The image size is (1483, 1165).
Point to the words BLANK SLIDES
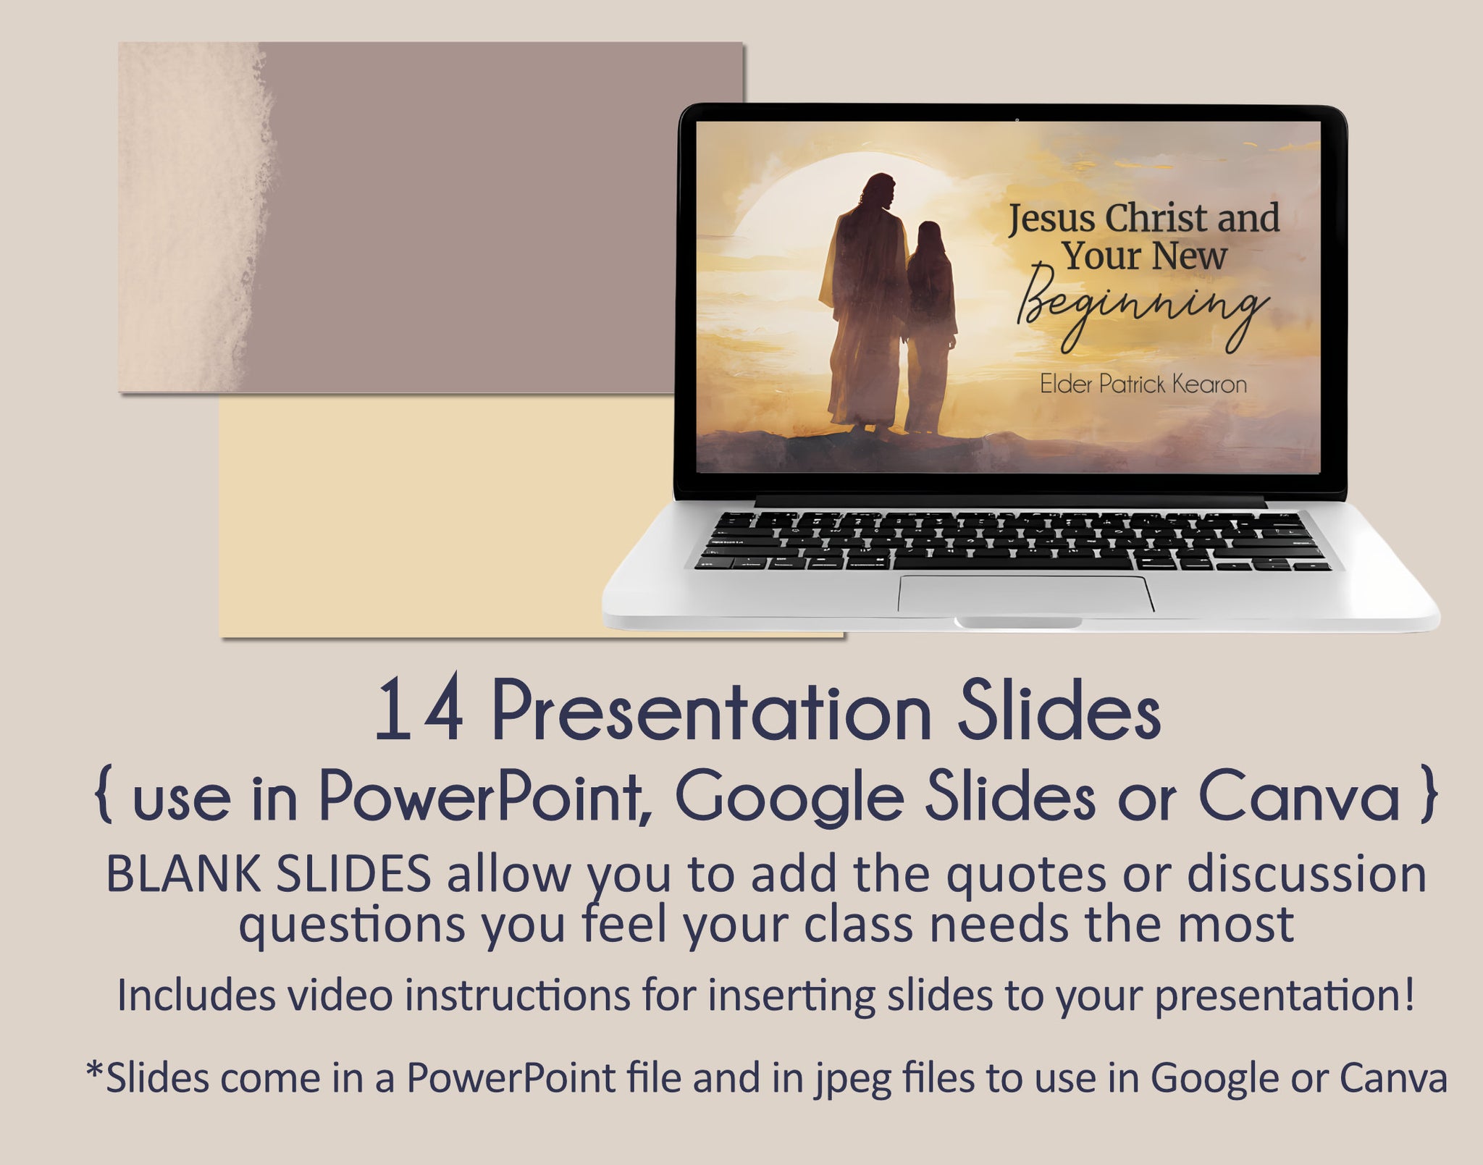(269, 875)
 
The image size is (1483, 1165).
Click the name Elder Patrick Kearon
(1143, 384)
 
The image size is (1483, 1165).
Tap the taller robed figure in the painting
(865, 304)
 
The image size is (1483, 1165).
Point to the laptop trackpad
(1026, 594)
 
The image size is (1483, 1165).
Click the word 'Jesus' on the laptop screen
(1052, 219)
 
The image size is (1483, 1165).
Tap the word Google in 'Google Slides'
(790, 799)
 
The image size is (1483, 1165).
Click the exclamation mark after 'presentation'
(1408, 993)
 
